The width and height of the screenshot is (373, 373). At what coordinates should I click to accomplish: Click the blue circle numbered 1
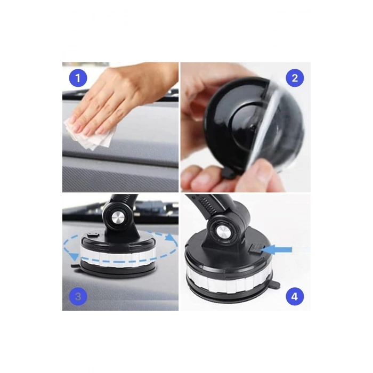point(78,78)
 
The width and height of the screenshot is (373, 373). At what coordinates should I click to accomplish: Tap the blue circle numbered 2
point(295,78)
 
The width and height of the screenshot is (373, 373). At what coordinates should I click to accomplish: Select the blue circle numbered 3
point(78,296)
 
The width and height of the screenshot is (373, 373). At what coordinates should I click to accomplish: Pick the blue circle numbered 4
point(295,296)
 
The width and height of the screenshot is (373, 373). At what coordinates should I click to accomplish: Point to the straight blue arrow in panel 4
point(277,250)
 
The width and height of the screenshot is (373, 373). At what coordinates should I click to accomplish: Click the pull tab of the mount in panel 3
point(76,266)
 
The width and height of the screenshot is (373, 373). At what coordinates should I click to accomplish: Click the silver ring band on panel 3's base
point(119,256)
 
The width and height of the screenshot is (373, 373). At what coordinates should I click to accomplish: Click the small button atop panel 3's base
point(93,234)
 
